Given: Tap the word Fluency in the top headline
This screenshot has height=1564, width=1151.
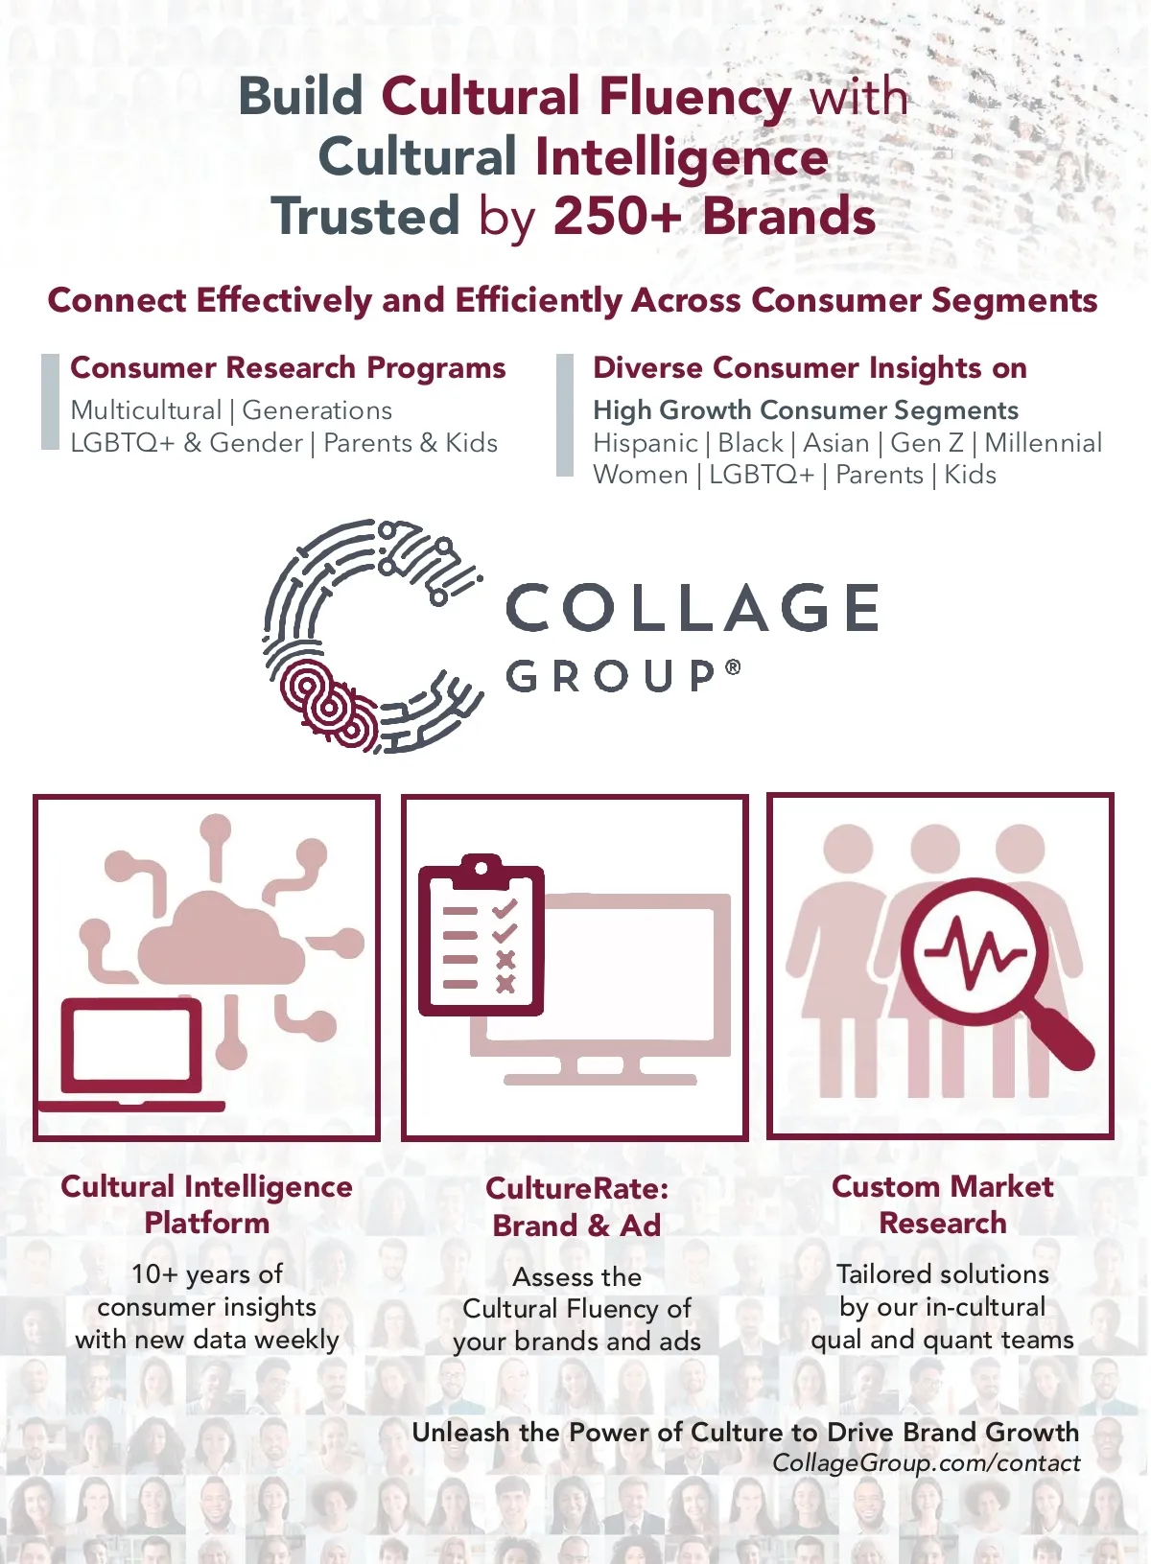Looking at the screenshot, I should click(694, 97).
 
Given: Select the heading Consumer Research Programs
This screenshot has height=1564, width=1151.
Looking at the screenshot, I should click(288, 368).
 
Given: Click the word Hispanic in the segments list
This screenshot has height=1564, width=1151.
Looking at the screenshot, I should click(646, 443).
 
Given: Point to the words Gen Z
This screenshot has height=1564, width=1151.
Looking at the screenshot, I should click(927, 443).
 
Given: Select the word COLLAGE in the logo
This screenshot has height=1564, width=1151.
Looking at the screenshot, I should click(692, 607).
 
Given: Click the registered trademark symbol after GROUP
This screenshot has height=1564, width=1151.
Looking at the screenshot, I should click(733, 666).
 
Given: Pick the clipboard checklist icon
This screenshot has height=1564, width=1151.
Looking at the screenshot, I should click(481, 935).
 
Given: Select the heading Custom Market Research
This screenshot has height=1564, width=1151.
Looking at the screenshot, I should click(942, 1204).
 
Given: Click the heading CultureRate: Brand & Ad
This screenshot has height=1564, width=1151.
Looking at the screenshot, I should click(576, 1206).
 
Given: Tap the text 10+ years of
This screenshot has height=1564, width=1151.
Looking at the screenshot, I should click(207, 1274).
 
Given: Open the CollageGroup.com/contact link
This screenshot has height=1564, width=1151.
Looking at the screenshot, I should click(926, 1463).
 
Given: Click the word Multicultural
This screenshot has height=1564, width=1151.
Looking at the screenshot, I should click(146, 410).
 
